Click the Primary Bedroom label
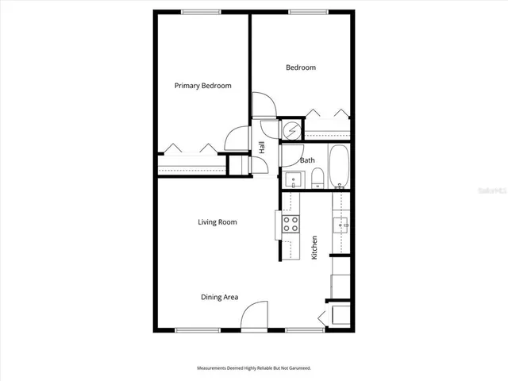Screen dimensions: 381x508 203,85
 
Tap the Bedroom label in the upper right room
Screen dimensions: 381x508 301,67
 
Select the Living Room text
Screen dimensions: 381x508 217,222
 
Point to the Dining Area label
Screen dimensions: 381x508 219,298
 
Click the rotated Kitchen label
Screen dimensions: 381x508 314,248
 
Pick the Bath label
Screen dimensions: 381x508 307,160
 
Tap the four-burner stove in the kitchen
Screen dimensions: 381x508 291,224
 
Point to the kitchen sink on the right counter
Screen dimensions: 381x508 344,226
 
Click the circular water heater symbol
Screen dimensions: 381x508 291,129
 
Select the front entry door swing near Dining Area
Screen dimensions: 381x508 252,317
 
